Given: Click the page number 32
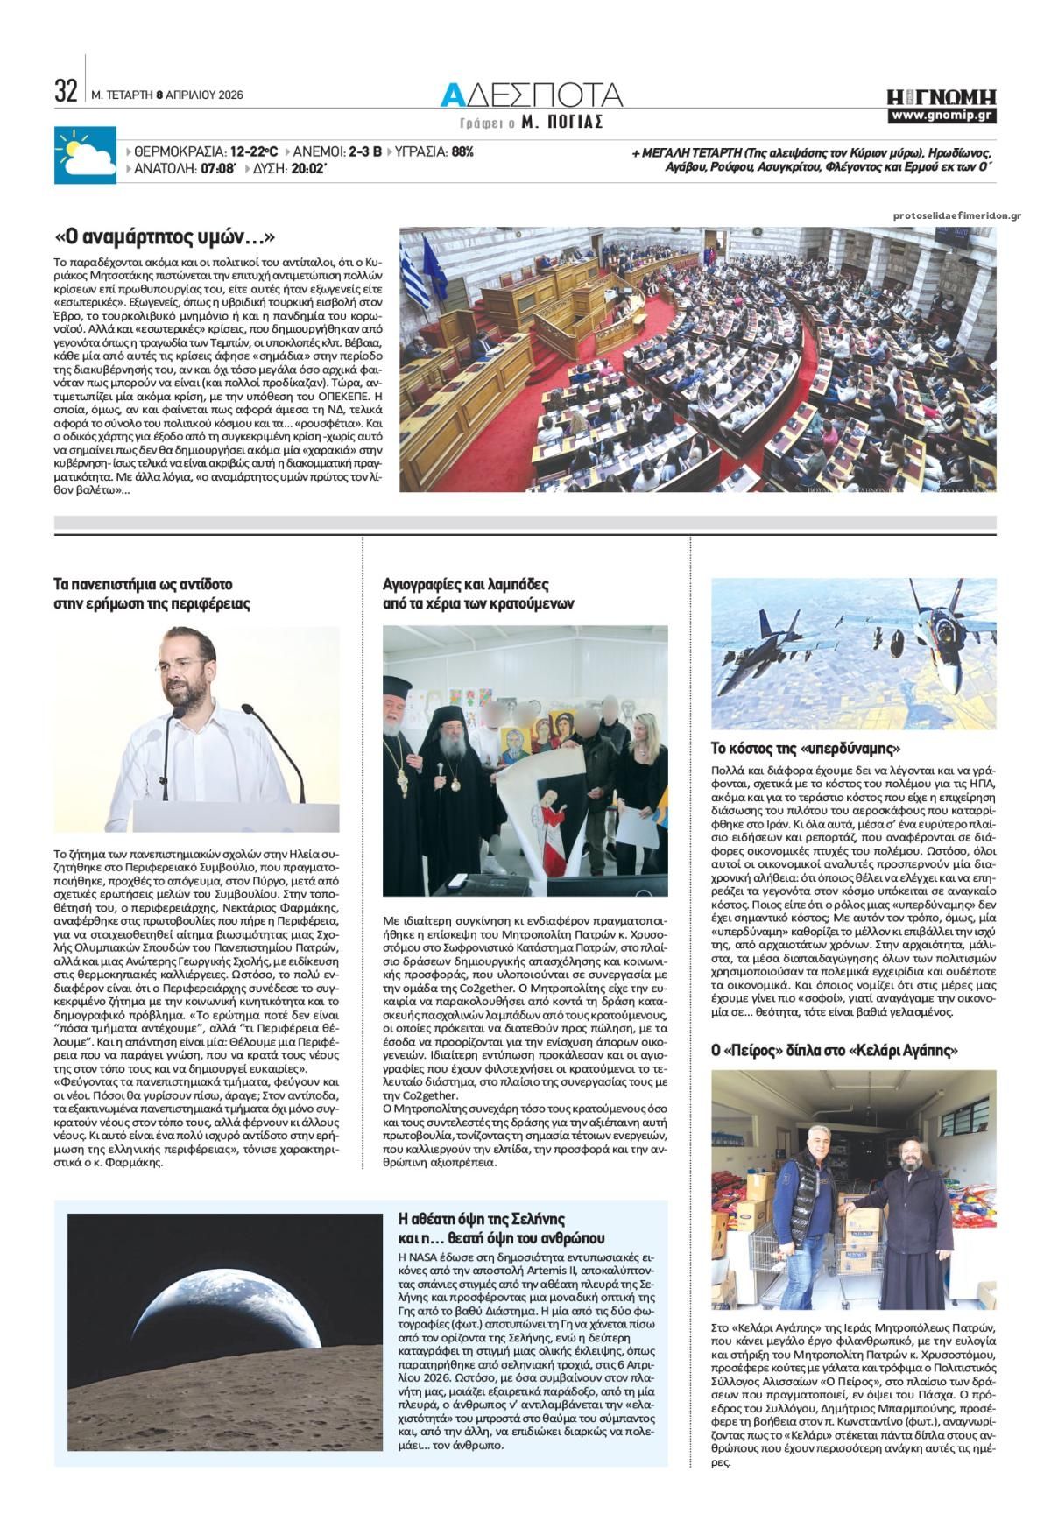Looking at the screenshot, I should [66, 91].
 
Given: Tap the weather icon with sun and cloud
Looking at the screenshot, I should [84, 156].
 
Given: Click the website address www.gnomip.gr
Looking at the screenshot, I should [942, 116].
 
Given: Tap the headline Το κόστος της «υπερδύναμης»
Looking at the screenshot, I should [806, 749].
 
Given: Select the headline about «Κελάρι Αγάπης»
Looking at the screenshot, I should [841, 1050].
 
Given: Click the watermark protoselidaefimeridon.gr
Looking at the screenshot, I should [957, 216].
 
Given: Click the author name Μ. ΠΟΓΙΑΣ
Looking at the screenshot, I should [562, 123].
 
